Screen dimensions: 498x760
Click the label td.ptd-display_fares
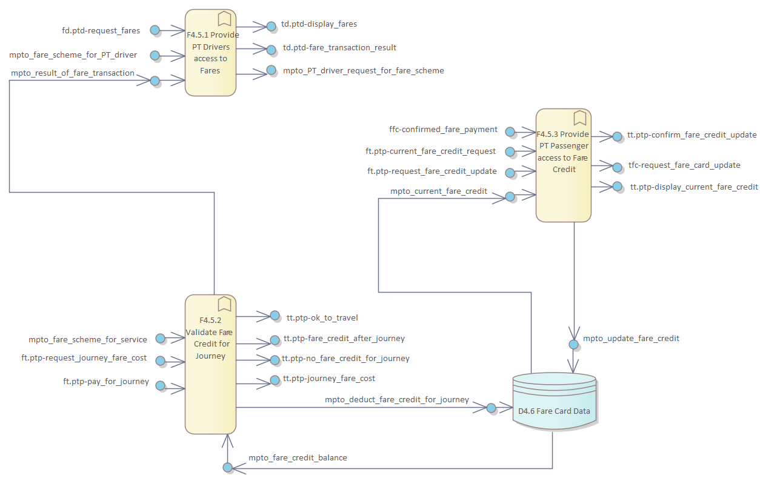(319, 24)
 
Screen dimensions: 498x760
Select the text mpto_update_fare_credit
(631, 338)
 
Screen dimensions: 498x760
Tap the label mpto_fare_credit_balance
(298, 457)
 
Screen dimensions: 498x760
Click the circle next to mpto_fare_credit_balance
(227, 467)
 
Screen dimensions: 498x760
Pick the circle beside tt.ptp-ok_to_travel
(275, 316)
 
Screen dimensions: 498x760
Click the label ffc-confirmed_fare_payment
(443, 129)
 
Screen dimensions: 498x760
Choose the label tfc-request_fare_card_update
(684, 165)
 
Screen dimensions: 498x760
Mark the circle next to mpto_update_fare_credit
(573, 344)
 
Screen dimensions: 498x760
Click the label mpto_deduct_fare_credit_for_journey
(396, 399)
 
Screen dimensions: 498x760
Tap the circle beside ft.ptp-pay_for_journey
(161, 385)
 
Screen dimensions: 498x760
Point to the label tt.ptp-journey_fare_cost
(329, 378)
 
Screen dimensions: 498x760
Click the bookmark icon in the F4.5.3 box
(579, 117)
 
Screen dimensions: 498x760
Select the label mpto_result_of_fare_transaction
(73, 73)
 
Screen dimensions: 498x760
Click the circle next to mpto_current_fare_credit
(510, 196)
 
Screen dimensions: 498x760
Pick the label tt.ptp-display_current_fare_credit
(694, 187)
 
